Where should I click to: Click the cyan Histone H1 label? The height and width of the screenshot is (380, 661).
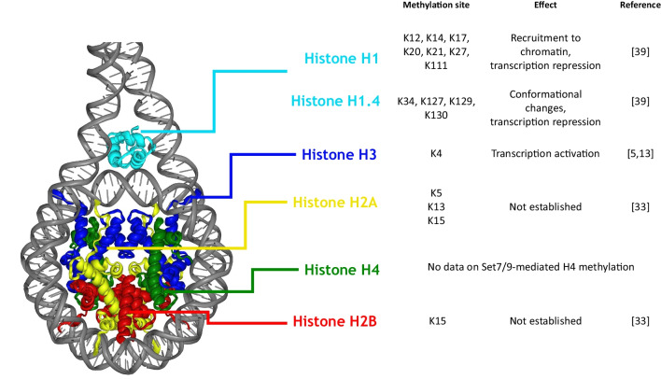tap(342, 58)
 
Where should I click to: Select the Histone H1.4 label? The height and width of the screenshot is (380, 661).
tap(335, 101)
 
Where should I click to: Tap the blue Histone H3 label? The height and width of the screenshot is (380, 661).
tap(339, 154)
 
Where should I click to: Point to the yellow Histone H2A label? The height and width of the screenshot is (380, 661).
tap(335, 203)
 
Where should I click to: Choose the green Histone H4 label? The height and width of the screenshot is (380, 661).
tap(342, 270)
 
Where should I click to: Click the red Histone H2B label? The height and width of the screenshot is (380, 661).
tap(335, 321)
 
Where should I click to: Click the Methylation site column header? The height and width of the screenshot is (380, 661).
tap(436, 5)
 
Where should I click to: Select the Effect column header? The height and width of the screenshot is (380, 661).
tap(545, 5)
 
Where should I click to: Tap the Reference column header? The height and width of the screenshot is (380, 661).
tap(640, 5)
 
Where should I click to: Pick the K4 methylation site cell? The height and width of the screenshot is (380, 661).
tap(436, 153)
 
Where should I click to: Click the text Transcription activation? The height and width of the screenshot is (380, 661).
tap(545, 153)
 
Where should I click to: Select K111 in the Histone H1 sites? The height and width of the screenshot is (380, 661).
tap(436, 65)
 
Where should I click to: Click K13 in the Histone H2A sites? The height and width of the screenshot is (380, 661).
tap(436, 206)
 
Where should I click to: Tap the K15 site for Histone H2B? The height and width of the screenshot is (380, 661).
tap(437, 321)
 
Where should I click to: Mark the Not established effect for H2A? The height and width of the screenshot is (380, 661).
tap(545, 206)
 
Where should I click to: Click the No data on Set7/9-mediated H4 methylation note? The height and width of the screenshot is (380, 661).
tap(530, 267)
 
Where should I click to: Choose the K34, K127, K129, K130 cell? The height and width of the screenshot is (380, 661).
tap(436, 108)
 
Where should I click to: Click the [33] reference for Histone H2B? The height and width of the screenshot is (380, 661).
tap(640, 321)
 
